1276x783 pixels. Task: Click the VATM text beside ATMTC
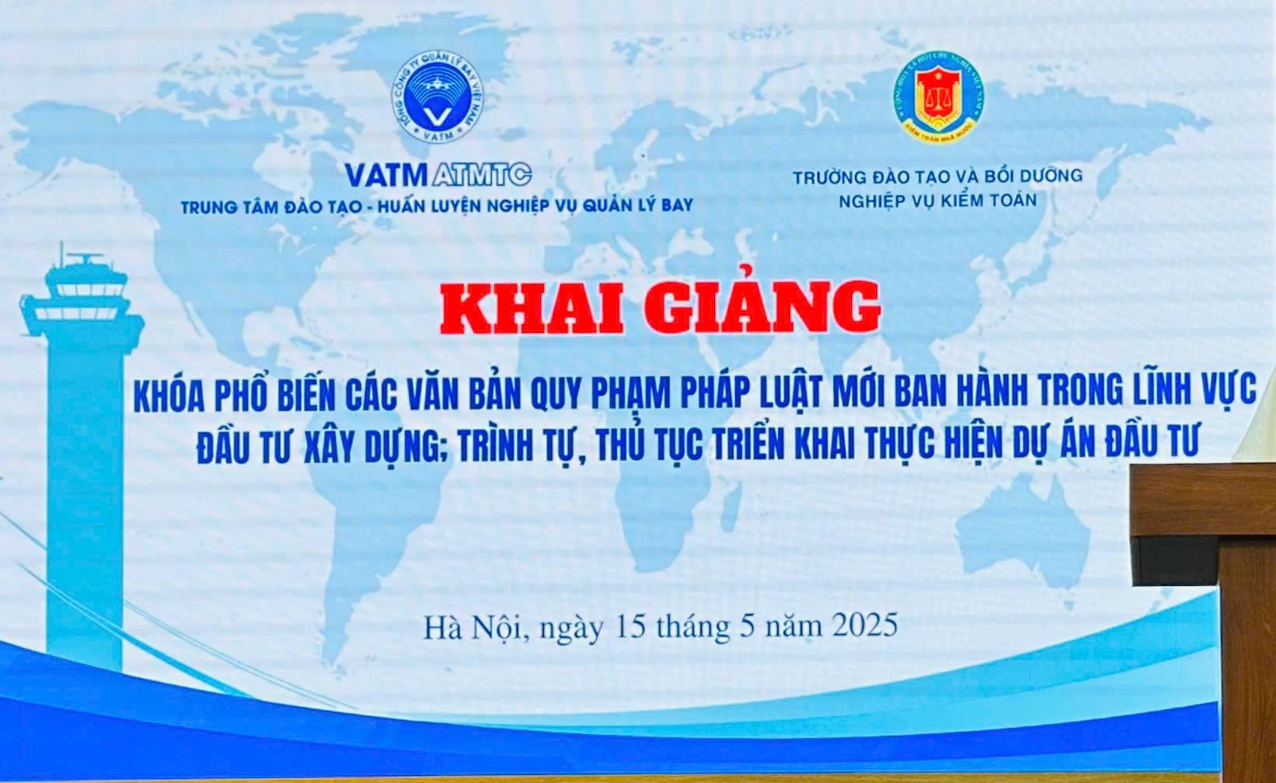387,174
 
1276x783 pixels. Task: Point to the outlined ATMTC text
480,174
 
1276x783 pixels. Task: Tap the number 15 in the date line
629,625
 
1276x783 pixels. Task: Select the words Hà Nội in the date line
475,625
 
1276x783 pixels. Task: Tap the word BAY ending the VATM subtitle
673,206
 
